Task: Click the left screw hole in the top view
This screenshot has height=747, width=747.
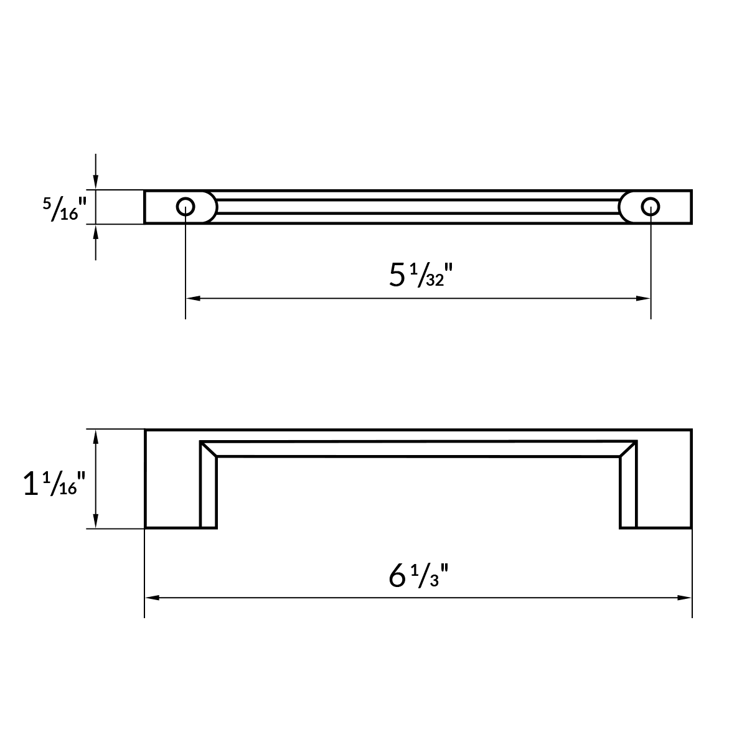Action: tap(185, 206)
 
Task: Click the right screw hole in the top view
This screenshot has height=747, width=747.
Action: tap(651, 206)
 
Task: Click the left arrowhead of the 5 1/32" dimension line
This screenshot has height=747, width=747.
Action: tap(192, 299)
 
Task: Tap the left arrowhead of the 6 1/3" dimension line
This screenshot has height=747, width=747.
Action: tap(151, 598)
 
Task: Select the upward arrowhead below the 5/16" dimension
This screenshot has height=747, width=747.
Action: tap(95, 230)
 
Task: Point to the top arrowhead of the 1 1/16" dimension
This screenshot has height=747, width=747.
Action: tap(95, 436)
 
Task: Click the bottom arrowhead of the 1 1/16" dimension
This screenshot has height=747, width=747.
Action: tap(95, 522)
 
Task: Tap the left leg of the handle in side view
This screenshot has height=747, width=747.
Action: tap(209, 492)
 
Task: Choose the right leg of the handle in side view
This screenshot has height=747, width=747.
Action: tap(629, 492)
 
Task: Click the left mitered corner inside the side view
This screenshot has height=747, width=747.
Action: tap(209, 449)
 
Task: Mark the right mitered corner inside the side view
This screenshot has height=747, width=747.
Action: tap(629, 449)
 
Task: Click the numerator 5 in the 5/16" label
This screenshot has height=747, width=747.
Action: tap(47, 202)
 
